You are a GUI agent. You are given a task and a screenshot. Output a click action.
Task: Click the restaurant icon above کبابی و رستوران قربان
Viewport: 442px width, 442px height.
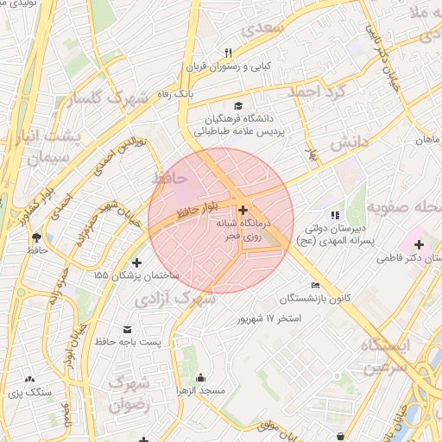pyautogui.click(x=229, y=53)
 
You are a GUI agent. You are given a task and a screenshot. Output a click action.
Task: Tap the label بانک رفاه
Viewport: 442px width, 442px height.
pyautogui.click(x=194, y=91)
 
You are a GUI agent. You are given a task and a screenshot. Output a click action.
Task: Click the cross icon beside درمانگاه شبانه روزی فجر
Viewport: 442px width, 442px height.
pyautogui.click(x=243, y=210)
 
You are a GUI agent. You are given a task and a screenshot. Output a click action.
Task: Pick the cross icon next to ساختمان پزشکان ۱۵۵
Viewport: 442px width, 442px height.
pyautogui.click(x=136, y=262)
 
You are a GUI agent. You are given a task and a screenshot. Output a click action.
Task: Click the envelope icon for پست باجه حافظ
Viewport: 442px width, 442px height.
pyautogui.click(x=128, y=330)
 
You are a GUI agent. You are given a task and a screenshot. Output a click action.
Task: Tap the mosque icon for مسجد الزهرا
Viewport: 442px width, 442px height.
pyautogui.click(x=202, y=377)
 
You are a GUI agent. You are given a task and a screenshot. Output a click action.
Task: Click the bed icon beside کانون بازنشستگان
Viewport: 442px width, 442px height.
pyautogui.click(x=315, y=286)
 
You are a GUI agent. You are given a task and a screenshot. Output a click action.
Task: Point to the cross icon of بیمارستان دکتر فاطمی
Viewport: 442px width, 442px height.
pyautogui.click(x=419, y=245)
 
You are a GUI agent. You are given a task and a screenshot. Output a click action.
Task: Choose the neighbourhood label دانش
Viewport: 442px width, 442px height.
pyautogui.click(x=350, y=140)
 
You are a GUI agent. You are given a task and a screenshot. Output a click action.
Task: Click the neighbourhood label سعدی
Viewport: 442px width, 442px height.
pyautogui.click(x=263, y=28)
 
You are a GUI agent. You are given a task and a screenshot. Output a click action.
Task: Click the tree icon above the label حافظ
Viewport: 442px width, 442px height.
pyautogui.click(x=36, y=237)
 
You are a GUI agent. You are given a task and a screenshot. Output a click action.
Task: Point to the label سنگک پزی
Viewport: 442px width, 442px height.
pyautogui.click(x=30, y=392)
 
